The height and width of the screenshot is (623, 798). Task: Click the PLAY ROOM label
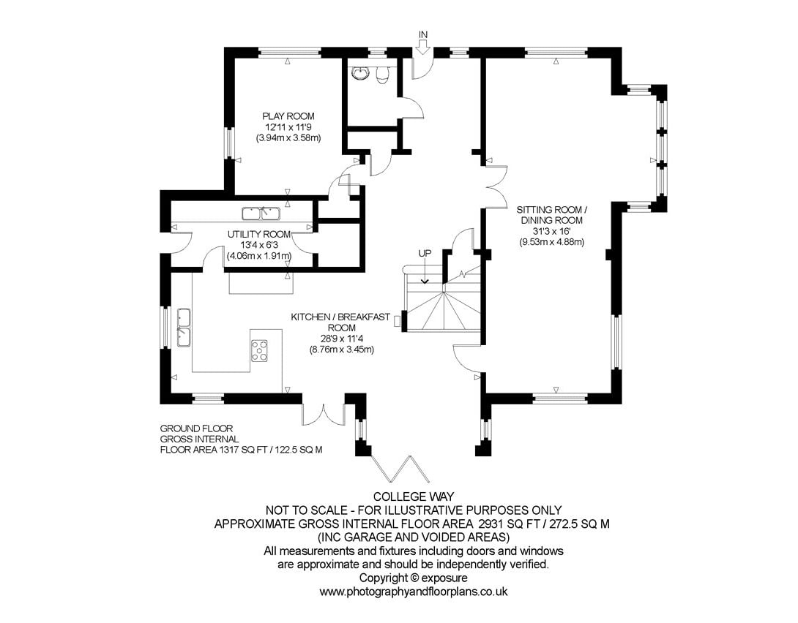coord(288,116)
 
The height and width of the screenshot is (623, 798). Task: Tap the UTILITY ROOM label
coord(259,234)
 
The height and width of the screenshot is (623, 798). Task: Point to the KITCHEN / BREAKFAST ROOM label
coord(341,322)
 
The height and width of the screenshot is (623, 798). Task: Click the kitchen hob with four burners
coord(260,350)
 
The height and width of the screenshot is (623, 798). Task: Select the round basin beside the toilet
coord(360,74)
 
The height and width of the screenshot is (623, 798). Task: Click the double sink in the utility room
coord(261,214)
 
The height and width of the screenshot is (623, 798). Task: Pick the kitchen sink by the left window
coord(183,328)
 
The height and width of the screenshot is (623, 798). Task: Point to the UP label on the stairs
coord(425,253)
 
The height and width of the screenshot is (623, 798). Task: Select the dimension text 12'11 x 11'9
coord(288,127)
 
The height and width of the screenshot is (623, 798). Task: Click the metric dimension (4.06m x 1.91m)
coord(259,256)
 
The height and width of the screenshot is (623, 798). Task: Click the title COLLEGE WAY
coord(413,496)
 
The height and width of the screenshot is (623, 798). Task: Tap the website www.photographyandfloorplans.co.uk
coord(413,592)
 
